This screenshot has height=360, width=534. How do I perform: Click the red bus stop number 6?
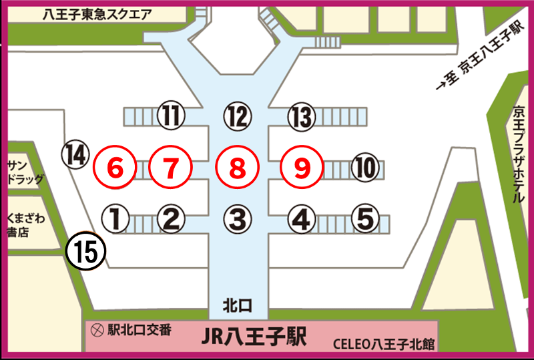coord(115,168)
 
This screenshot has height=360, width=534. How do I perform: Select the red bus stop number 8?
coord(237,168)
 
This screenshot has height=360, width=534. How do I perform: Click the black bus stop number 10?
coord(364,168)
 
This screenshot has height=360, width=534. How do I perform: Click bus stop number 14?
coord(75,155)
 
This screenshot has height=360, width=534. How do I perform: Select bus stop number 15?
coord(87,250)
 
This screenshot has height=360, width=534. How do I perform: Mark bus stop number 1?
coord(115,217)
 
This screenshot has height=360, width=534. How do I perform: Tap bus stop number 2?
coord(170,217)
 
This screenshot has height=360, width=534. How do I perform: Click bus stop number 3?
coord(237,217)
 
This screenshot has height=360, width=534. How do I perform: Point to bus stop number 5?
coord(364,217)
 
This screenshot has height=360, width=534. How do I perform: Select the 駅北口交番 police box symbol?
coord(98,329)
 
